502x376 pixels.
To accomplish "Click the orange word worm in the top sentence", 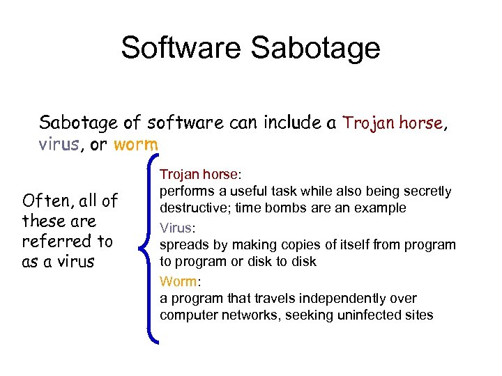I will coord(136,145).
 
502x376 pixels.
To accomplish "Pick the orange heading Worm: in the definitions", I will coord(180,281).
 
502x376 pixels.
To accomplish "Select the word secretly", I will coord(427,191).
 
